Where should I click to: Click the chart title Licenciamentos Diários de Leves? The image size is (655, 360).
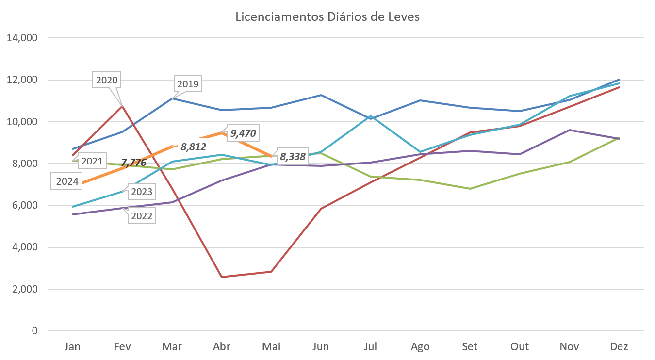[x=327, y=17]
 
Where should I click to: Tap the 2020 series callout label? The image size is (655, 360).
[x=107, y=80]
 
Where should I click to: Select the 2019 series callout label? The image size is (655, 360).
[x=188, y=84]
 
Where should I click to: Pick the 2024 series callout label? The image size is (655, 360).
[x=67, y=182]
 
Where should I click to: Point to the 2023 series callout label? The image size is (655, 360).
[x=142, y=192]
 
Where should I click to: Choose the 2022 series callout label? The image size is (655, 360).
[x=142, y=216]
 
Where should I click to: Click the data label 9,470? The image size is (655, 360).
[x=243, y=132]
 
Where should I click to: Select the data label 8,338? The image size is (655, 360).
[x=293, y=157]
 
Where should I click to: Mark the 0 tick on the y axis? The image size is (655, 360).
[x=34, y=331]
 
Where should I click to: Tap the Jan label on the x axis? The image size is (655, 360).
[x=73, y=346]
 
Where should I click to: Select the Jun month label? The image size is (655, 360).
[x=321, y=346]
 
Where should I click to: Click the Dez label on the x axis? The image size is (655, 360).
[x=620, y=346]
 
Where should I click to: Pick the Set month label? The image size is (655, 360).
[x=470, y=346]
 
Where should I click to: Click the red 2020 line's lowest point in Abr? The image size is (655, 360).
[x=222, y=277]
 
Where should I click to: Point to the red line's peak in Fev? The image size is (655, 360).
[x=123, y=105]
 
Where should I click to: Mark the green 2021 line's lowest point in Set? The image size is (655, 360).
[x=470, y=188]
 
